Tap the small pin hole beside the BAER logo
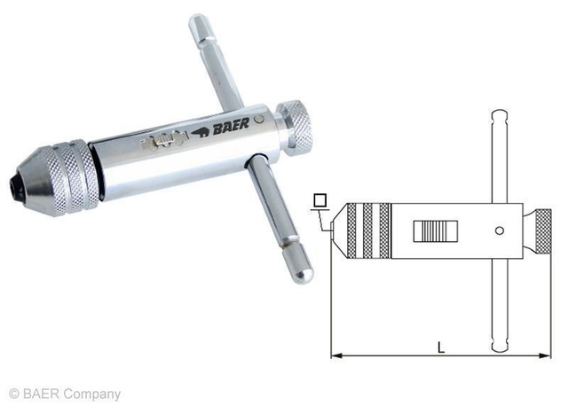(257, 119)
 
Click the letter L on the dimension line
(441, 347)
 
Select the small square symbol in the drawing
(319, 200)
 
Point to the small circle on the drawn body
(500, 231)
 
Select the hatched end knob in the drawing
(541, 231)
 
